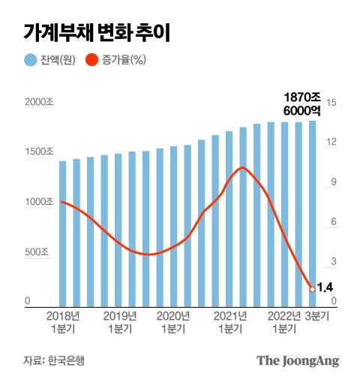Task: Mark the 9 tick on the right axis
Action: tap(333, 182)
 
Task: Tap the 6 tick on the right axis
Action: tap(333, 222)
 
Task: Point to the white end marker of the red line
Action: tap(312, 287)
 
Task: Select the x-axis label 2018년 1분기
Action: tap(63, 322)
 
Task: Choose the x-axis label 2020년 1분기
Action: tap(175, 322)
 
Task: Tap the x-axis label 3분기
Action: tap(320, 316)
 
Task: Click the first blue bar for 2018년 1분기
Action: tap(63, 233)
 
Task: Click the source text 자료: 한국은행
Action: tap(53, 359)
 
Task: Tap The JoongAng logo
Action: tap(298, 360)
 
